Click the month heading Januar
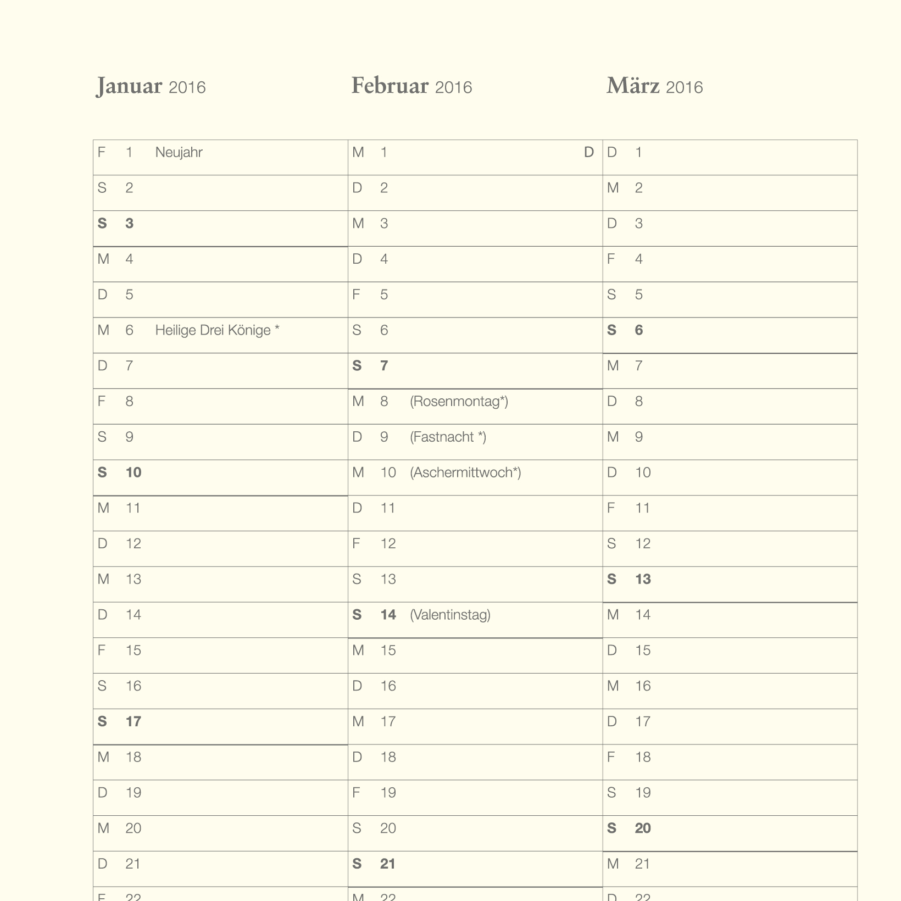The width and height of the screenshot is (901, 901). pos(129,86)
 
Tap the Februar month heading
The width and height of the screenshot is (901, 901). pos(390,86)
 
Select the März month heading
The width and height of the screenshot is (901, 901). pos(632,86)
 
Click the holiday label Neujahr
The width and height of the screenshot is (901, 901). pos(179,152)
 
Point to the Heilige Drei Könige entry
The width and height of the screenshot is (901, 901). pos(217,330)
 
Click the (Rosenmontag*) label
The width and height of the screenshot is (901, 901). pos(459,401)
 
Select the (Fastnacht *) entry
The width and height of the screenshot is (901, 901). pos(448,437)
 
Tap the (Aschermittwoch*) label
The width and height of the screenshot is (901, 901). pos(465,472)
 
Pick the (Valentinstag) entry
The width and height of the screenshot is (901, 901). pos(450,615)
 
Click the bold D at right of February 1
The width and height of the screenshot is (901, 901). pos(588,152)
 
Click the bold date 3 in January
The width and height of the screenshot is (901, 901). pos(129,224)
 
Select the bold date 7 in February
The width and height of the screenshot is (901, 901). pos(384,366)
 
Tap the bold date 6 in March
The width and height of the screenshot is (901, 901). pos(638,330)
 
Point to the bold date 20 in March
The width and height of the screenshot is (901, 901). pos(643,828)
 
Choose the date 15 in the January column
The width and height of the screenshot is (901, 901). pos(133,650)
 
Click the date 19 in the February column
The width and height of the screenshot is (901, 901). pos(388,793)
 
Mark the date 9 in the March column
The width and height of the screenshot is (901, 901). pos(638,437)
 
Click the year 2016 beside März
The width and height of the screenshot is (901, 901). pos(684,87)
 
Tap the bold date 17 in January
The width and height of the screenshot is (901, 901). pos(133,721)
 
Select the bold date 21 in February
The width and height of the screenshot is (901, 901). pos(388,864)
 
